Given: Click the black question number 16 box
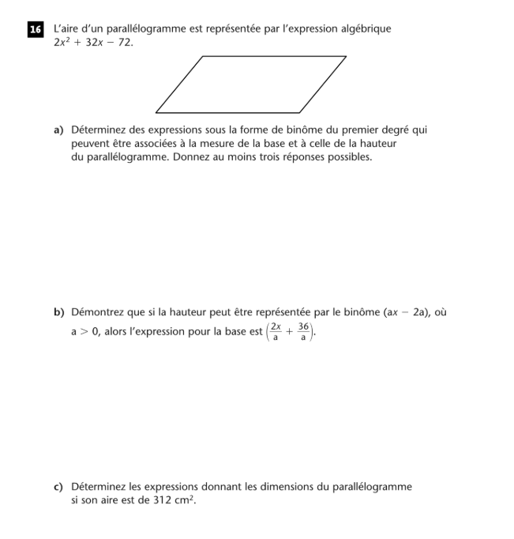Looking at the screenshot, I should pyautogui.click(x=35, y=30).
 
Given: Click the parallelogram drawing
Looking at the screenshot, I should pyautogui.click(x=251, y=85).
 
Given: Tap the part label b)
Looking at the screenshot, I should pyautogui.click(x=59, y=313).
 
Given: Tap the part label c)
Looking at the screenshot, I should pyautogui.click(x=59, y=488).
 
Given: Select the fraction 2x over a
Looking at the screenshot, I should pyautogui.click(x=276, y=331).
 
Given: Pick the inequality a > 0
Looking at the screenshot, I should pyautogui.click(x=84, y=332).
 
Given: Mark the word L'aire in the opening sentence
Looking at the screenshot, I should pyautogui.click(x=66, y=29).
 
